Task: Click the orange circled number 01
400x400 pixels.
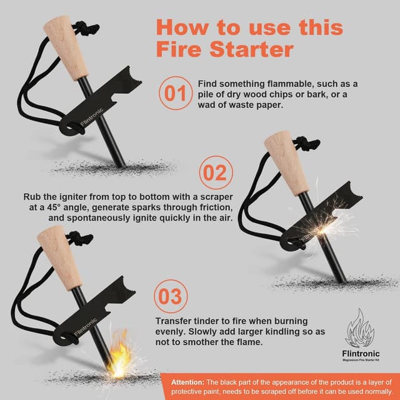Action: tap(176, 93)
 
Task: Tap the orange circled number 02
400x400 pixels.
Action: tap(216, 172)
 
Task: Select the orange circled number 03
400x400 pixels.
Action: tap(171, 296)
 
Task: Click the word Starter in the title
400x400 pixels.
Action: tap(251, 49)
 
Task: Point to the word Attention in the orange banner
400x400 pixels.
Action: tap(187, 382)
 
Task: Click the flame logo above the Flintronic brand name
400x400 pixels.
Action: tap(360, 327)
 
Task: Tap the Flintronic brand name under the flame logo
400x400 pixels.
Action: tap(361, 354)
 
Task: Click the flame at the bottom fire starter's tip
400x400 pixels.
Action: tap(119, 353)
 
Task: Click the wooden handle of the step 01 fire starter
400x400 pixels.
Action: tap(66, 48)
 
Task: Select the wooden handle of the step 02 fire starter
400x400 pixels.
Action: tap(287, 163)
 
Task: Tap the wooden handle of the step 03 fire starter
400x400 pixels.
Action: tap(59, 258)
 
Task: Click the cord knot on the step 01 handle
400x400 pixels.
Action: tap(86, 27)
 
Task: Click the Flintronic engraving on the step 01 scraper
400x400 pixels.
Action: tap(92, 117)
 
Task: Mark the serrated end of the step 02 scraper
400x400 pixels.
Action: tap(351, 192)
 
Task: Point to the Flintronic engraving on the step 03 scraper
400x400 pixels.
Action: tap(86, 327)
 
